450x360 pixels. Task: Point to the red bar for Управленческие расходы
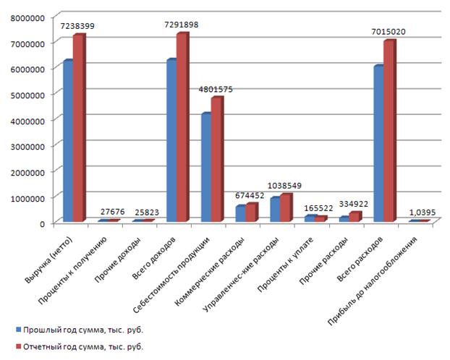coord(286,208)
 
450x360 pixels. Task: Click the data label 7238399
coord(77,25)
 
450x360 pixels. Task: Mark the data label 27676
coord(112,211)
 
